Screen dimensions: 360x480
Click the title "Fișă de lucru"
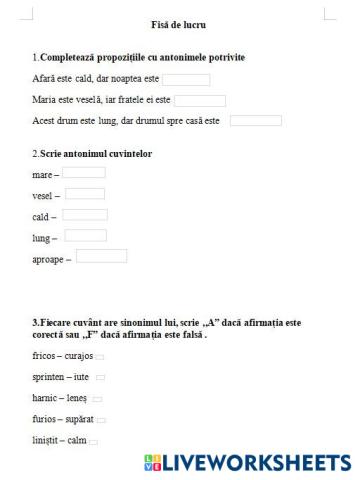[x=180, y=23]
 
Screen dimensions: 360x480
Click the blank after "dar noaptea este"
[x=186, y=80]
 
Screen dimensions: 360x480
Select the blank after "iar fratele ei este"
[x=200, y=100]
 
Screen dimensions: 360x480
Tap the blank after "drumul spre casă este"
[x=256, y=121]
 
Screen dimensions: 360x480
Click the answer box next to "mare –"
[x=84, y=173]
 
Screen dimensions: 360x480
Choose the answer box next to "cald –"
[x=85, y=214]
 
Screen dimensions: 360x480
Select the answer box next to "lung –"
[x=83, y=236]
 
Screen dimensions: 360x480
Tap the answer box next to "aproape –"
[x=101, y=257]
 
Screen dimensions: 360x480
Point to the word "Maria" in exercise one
[x=44, y=101]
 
